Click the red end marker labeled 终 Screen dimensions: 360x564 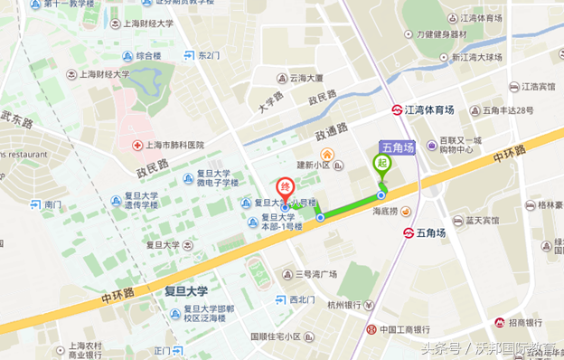coord(285,186)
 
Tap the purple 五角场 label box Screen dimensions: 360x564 coord(397,147)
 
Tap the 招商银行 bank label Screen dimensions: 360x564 coord(525,323)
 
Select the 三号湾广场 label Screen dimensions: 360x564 coord(316,274)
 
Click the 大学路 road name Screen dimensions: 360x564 coord(270,100)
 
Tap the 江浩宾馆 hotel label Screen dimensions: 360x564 coord(538,88)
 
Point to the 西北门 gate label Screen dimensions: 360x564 coord(303,299)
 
